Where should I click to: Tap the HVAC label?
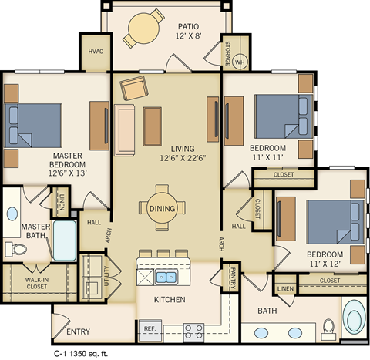pos(97,52)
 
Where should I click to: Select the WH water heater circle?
pos(239,62)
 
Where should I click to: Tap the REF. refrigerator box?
pos(150,330)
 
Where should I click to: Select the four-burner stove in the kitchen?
pos(193,331)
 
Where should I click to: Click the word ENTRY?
pos(78,332)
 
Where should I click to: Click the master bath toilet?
pos(15,248)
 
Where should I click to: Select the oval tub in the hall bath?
pos(355,318)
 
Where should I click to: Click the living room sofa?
pos(125,126)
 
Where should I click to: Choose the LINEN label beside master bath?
pos(59,202)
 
